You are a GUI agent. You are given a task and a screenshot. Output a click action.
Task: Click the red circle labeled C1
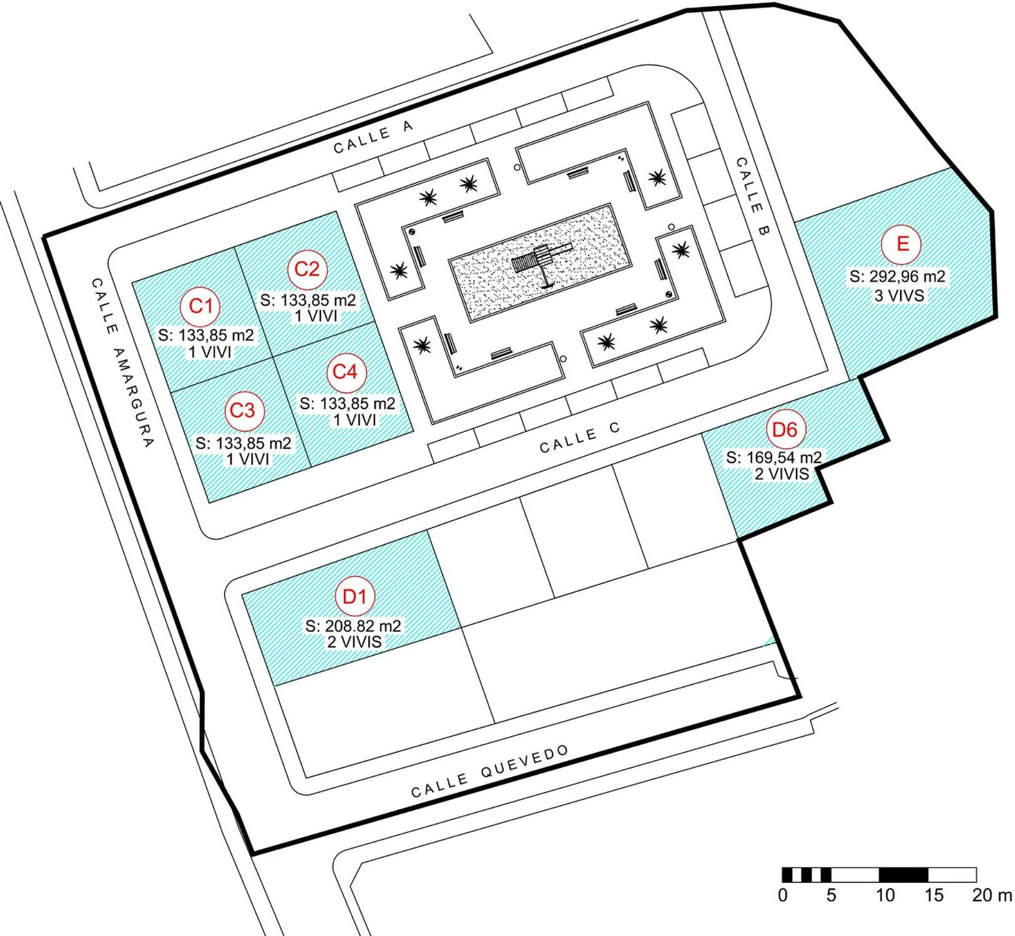(201, 306)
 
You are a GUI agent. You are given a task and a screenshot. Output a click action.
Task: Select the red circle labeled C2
(306, 269)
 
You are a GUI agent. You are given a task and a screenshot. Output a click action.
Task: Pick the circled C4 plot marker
(345, 372)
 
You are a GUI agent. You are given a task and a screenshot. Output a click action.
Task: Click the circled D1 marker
(355, 596)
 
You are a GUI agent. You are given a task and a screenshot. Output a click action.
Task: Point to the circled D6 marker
(785, 429)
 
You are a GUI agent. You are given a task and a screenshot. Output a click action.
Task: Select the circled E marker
(901, 244)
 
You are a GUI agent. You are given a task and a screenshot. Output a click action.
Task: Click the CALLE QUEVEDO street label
(490, 771)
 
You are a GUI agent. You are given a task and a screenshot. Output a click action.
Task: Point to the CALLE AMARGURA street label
(122, 363)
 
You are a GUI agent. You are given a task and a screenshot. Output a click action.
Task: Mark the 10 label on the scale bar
(885, 895)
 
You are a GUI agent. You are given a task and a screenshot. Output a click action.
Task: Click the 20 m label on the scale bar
(991, 895)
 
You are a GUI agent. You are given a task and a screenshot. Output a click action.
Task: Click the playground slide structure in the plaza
(538, 260)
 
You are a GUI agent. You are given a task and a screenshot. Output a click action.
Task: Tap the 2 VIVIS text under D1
(354, 641)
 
